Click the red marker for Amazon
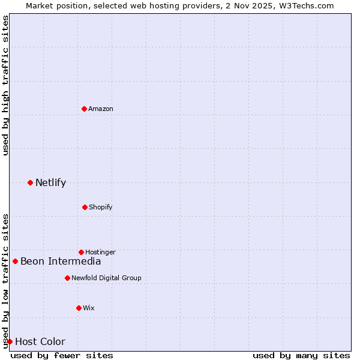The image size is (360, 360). tap(84, 109)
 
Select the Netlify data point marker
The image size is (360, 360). tap(30, 182)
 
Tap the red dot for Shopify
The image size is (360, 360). tap(85, 207)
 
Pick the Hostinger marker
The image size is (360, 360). tap(81, 252)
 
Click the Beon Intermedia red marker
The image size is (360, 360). tap(15, 261)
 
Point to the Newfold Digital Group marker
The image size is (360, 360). tap(67, 278)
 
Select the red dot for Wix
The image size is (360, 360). tap(79, 308)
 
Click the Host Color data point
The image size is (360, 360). tap(10, 341)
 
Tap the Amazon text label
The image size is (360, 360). tap(101, 109)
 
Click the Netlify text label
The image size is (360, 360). tap(50, 183)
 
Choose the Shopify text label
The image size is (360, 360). tap(101, 207)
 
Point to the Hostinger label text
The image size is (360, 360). tap(100, 252)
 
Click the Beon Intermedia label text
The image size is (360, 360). tap(61, 261)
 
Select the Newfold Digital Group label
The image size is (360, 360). tap(106, 278)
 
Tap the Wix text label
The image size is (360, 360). tap(89, 308)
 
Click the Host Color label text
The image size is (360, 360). tap(40, 342)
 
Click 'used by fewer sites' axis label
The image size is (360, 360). tap(62, 355)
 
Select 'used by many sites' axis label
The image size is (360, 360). tap(301, 355)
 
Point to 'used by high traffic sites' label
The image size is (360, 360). tap(5, 85)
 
